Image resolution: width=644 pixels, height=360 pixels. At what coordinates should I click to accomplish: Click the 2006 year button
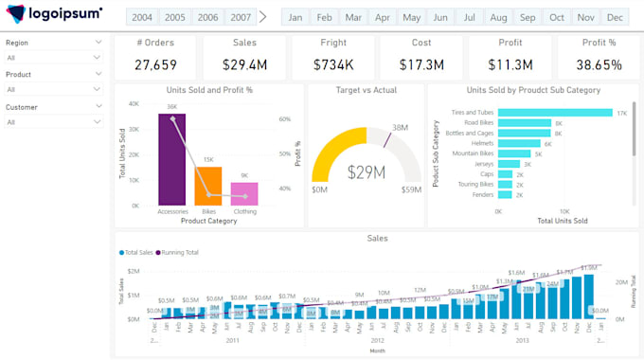click(x=207, y=17)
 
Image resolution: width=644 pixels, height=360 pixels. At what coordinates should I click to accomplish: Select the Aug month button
click(x=499, y=17)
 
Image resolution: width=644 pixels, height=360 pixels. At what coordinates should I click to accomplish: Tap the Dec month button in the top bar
click(x=615, y=17)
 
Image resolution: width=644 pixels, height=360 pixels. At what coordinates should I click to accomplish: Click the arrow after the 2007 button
click(x=263, y=17)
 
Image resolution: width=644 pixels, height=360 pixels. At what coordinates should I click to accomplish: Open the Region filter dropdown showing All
click(x=54, y=58)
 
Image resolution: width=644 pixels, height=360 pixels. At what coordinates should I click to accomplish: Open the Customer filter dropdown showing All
click(x=54, y=122)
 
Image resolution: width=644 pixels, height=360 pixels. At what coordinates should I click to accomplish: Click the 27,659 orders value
click(x=155, y=64)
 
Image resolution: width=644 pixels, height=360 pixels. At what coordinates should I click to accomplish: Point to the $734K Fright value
click(x=334, y=64)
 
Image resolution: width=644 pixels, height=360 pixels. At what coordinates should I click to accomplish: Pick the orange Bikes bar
click(x=208, y=186)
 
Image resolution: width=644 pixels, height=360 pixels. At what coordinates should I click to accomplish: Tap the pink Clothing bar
click(x=244, y=193)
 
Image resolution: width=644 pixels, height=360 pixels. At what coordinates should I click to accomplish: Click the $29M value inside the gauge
click(x=366, y=172)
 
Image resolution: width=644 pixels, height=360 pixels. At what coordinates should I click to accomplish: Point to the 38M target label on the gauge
click(x=400, y=127)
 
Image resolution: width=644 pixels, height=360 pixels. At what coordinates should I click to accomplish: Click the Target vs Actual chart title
click(x=366, y=90)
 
